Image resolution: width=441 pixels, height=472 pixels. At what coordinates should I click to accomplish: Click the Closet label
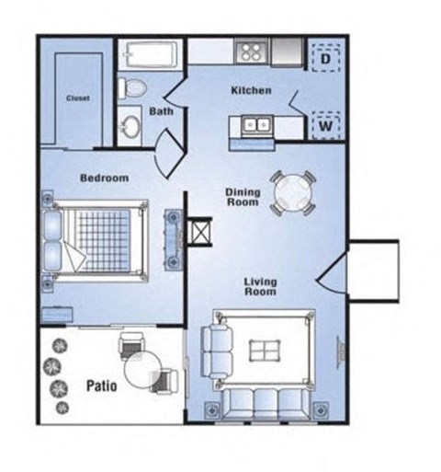click(x=78, y=98)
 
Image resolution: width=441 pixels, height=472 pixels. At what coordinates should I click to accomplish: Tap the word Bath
click(x=161, y=111)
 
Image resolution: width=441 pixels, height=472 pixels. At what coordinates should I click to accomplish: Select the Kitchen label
click(x=251, y=90)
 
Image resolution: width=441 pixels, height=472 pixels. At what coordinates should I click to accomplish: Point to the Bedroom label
click(x=104, y=178)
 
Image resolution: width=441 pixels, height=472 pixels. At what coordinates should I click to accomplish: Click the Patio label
click(x=102, y=386)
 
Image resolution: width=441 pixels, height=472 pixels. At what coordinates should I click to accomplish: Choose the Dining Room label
click(x=243, y=197)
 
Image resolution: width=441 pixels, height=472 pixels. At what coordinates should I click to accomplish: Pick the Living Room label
click(x=260, y=286)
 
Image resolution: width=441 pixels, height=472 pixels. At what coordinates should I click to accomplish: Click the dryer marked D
click(x=326, y=58)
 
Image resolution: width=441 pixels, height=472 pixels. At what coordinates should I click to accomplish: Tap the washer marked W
click(x=326, y=126)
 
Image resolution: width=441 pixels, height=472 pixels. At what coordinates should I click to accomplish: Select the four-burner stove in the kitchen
click(x=251, y=52)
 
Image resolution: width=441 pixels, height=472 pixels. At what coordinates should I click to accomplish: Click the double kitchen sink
click(x=256, y=125)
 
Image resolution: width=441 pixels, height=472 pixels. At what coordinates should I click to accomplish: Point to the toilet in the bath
click(x=132, y=87)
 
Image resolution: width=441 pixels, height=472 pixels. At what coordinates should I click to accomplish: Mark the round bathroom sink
click(x=130, y=126)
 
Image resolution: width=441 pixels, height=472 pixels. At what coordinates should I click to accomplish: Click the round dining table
click(x=293, y=193)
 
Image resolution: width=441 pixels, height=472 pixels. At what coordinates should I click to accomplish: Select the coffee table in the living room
click(x=265, y=351)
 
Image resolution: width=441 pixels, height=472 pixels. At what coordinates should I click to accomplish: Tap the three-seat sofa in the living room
click(x=266, y=404)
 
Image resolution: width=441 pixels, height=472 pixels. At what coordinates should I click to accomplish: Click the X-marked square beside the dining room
click(x=200, y=232)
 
